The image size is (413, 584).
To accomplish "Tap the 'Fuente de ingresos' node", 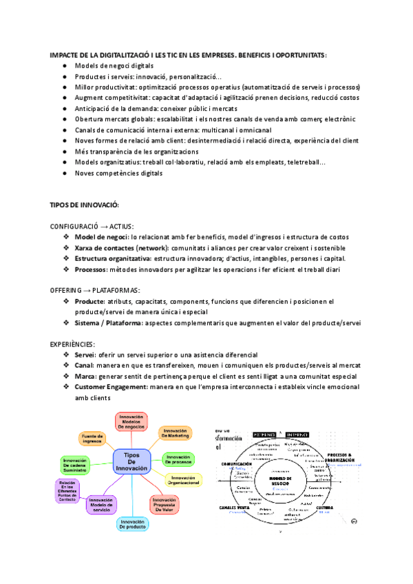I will (x=92, y=437).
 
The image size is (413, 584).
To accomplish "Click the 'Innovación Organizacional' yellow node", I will (x=184, y=480).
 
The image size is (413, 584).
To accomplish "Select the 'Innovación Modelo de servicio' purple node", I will (x=100, y=504).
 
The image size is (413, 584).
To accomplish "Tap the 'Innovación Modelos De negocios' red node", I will (x=131, y=421).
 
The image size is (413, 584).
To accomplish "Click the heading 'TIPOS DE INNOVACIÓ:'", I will (x=85, y=205).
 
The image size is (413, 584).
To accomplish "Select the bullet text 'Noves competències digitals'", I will (x=119, y=173).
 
